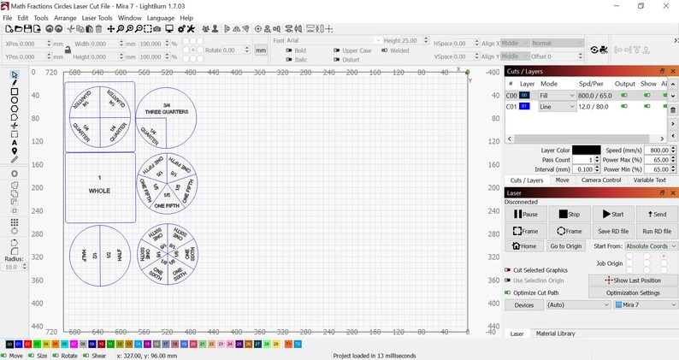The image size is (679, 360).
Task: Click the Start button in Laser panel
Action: coord(613,214)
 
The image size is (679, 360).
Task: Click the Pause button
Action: coord(526,214)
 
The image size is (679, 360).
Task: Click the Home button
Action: coord(526,246)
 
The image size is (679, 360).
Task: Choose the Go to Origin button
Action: coord(566,246)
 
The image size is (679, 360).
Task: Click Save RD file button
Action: coord(613,231)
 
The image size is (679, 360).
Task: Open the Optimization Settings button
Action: coord(633,292)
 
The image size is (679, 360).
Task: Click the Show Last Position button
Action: coord(633,280)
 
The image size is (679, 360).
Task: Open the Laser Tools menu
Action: coord(97,17)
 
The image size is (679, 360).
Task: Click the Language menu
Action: coord(160,17)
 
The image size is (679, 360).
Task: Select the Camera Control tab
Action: coord(600,180)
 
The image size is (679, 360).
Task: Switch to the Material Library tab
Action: coord(555,333)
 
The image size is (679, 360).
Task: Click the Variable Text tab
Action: coord(649,180)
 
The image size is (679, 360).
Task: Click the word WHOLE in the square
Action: coord(99,191)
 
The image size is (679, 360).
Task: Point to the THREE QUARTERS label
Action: coord(166,112)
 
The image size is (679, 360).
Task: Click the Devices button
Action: coord(524,304)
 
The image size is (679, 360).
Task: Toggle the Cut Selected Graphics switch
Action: coord(508,269)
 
